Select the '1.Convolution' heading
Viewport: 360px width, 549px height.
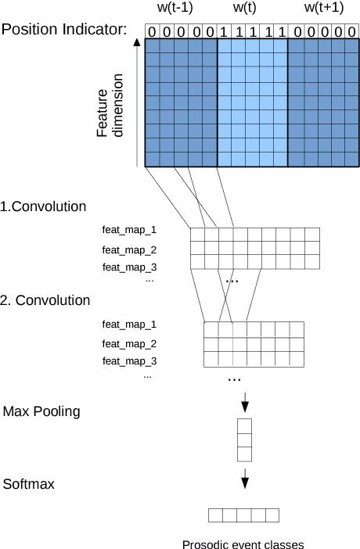[44, 207]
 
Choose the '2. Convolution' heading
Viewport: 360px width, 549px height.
[45, 300]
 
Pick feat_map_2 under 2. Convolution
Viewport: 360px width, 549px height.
[130, 343]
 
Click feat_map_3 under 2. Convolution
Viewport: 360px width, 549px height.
[130, 361]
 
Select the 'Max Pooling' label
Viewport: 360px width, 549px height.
[41, 411]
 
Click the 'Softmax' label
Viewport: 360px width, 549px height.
[29, 485]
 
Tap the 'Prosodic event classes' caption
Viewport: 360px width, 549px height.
[242, 544]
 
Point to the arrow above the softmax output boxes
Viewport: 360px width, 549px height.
[244, 476]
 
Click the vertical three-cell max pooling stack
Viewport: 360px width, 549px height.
[244, 440]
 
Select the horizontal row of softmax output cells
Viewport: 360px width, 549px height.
[243, 515]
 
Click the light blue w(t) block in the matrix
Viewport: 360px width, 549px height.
[252, 102]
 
